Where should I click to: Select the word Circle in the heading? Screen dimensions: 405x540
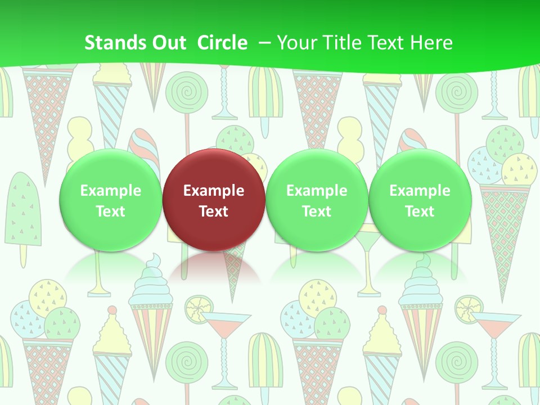click(222, 43)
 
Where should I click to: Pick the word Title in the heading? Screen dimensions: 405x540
click(343, 43)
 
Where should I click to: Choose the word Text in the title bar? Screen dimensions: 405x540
click(389, 43)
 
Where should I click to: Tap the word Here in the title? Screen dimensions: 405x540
click(432, 43)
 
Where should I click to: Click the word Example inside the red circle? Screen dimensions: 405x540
click(214, 191)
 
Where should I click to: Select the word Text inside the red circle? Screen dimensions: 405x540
click(214, 211)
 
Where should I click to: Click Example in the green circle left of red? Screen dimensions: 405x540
click(111, 191)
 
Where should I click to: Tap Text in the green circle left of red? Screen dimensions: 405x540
click(111, 211)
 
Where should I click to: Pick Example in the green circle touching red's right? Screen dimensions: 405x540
click(317, 191)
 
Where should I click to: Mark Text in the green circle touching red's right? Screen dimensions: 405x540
click(317, 211)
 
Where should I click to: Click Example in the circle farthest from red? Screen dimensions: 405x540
click(420, 191)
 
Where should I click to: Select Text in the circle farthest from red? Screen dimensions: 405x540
click(420, 211)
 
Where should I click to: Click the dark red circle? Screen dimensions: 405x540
click(214, 169)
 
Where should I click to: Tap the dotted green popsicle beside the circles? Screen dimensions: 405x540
click(24, 208)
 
